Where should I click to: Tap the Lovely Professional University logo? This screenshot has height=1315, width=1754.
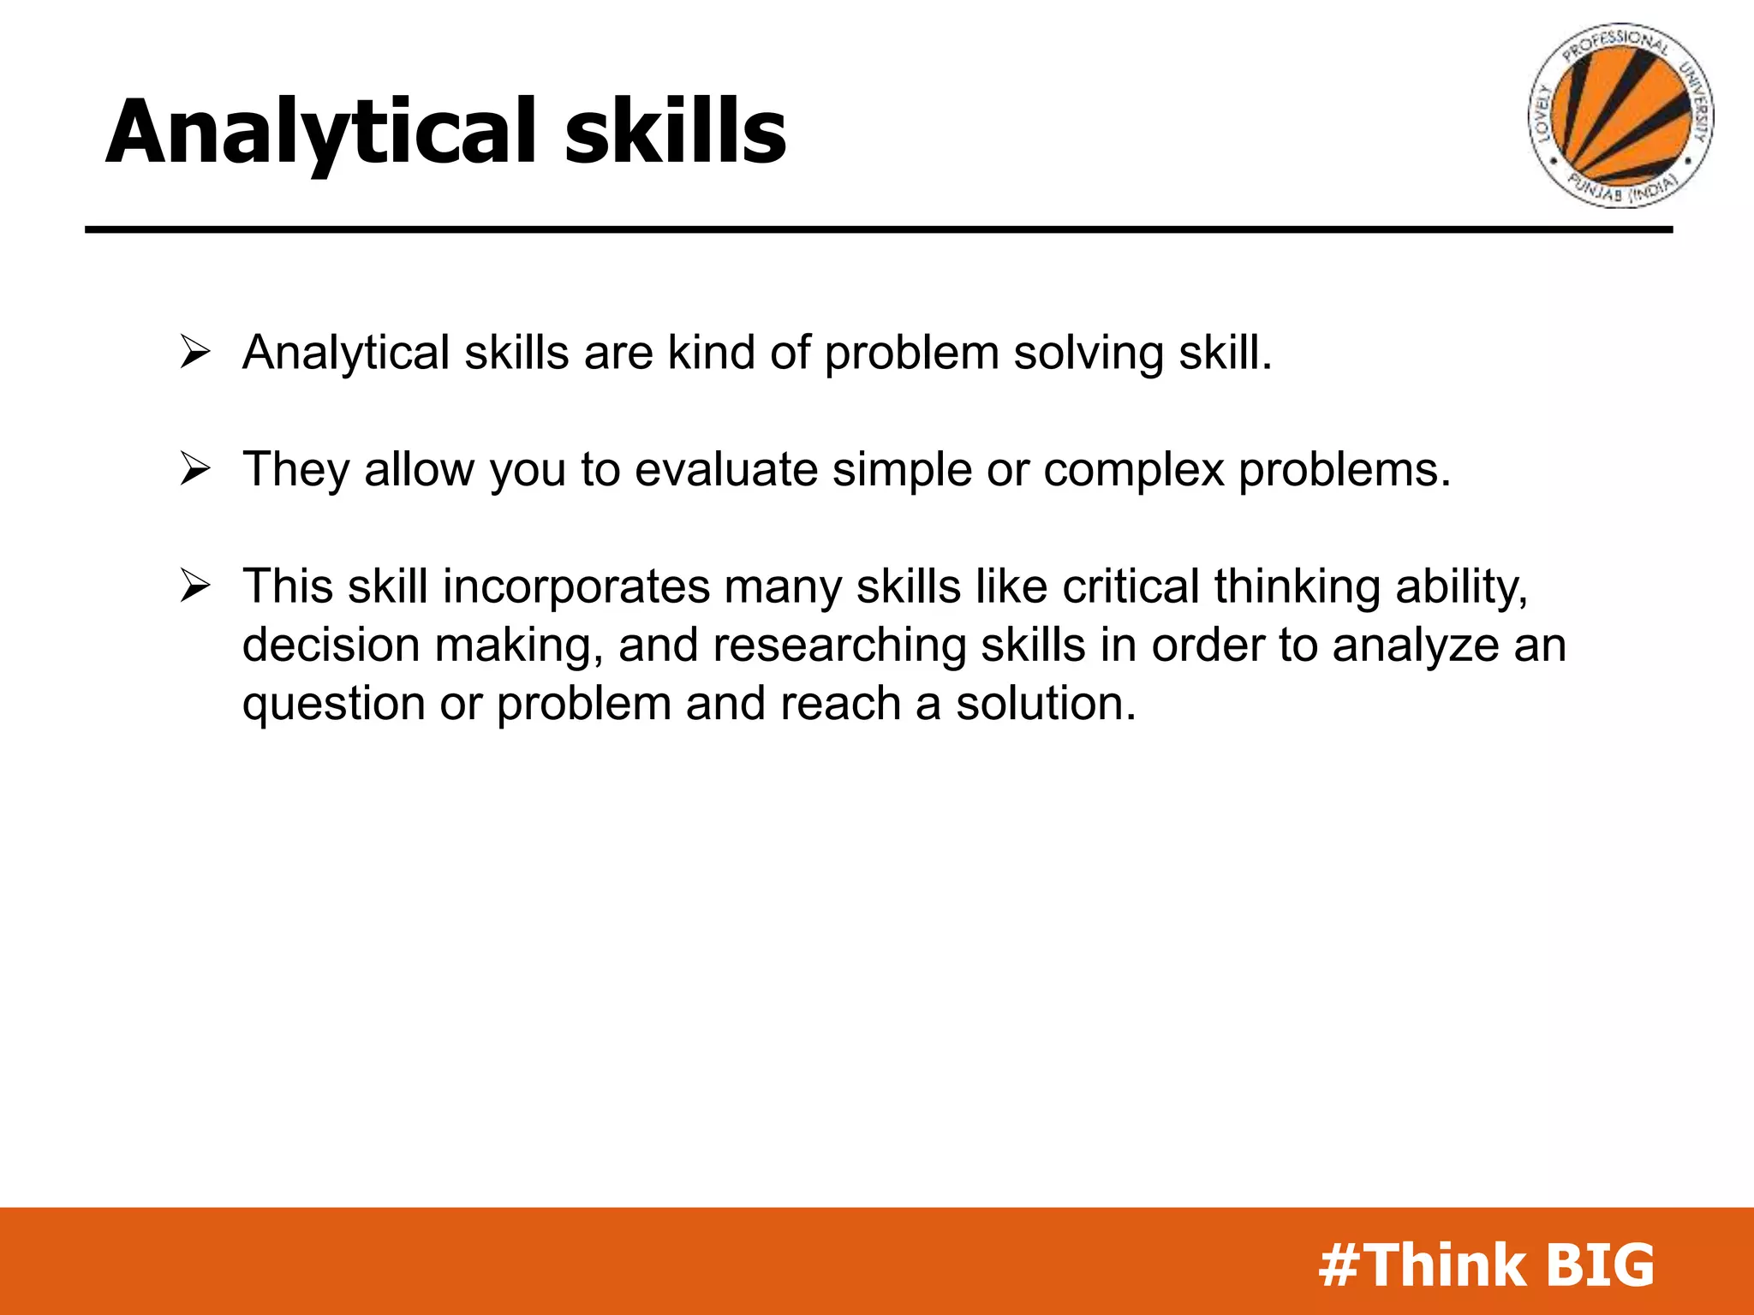tap(1620, 115)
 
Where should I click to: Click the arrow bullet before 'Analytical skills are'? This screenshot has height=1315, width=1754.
tap(195, 353)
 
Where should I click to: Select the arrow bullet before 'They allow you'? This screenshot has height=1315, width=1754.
tap(195, 469)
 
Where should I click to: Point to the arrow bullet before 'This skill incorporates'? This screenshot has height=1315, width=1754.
tap(195, 586)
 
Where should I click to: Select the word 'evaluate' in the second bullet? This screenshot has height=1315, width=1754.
tap(726, 470)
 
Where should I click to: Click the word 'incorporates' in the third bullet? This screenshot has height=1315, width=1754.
tap(576, 588)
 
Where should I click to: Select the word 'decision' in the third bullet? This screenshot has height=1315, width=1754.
tap(331, 645)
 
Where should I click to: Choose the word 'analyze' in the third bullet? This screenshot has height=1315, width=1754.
tap(1416, 646)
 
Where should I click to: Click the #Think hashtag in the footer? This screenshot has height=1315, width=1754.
tap(1422, 1264)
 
